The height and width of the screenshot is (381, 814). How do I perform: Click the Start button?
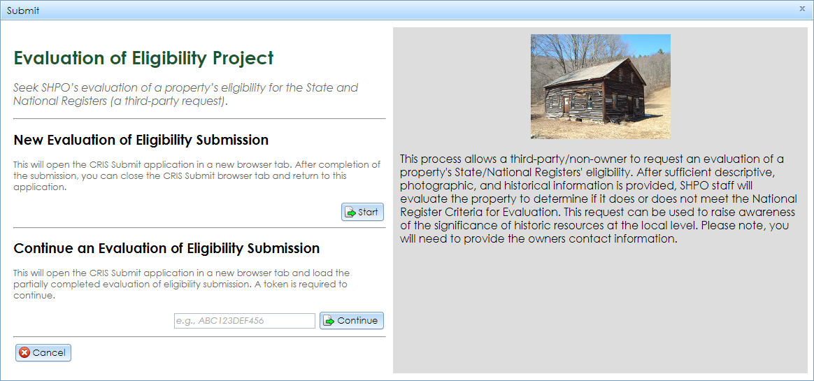[x=362, y=212]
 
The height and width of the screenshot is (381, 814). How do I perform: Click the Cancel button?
[x=43, y=352]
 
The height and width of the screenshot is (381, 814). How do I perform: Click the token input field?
[x=244, y=321]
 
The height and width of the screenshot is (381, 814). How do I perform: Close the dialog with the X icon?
[x=802, y=9]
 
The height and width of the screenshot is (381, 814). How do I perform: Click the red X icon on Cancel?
[x=24, y=352]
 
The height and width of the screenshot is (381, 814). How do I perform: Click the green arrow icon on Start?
[x=350, y=212]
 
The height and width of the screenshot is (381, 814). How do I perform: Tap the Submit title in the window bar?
[x=23, y=10]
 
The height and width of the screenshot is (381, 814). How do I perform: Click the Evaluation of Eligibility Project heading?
[x=143, y=58]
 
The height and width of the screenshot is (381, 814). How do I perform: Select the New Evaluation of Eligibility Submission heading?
[x=141, y=140]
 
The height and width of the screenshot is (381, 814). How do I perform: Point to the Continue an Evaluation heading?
[x=166, y=248]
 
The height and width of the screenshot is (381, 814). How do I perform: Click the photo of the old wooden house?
[x=600, y=87]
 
